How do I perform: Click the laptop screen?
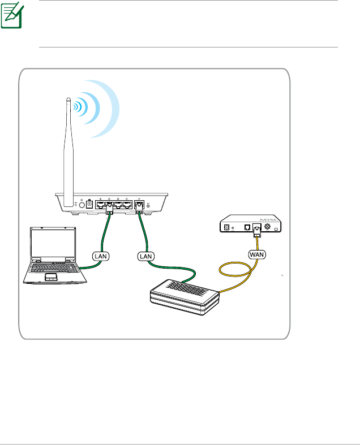coord(53,244)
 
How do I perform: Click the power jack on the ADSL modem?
coord(227,227)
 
